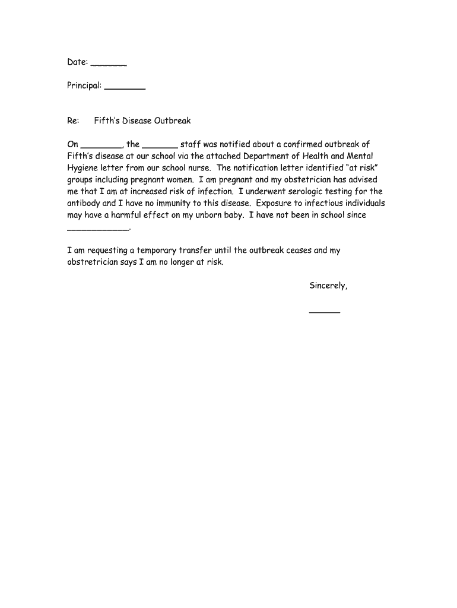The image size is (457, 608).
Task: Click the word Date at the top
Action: pyautogui.click(x=77, y=62)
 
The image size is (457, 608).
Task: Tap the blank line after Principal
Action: pyautogui.click(x=125, y=87)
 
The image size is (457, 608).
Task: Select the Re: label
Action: pyautogui.click(x=73, y=121)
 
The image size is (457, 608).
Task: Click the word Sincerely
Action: pyautogui.click(x=328, y=286)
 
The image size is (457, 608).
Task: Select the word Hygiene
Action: pyautogui.click(x=82, y=168)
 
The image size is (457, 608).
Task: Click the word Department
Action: pyautogui.click(x=269, y=156)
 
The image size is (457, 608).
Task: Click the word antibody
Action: pyautogui.click(x=84, y=204)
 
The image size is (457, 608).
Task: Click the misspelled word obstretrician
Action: pyautogui.click(x=93, y=262)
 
